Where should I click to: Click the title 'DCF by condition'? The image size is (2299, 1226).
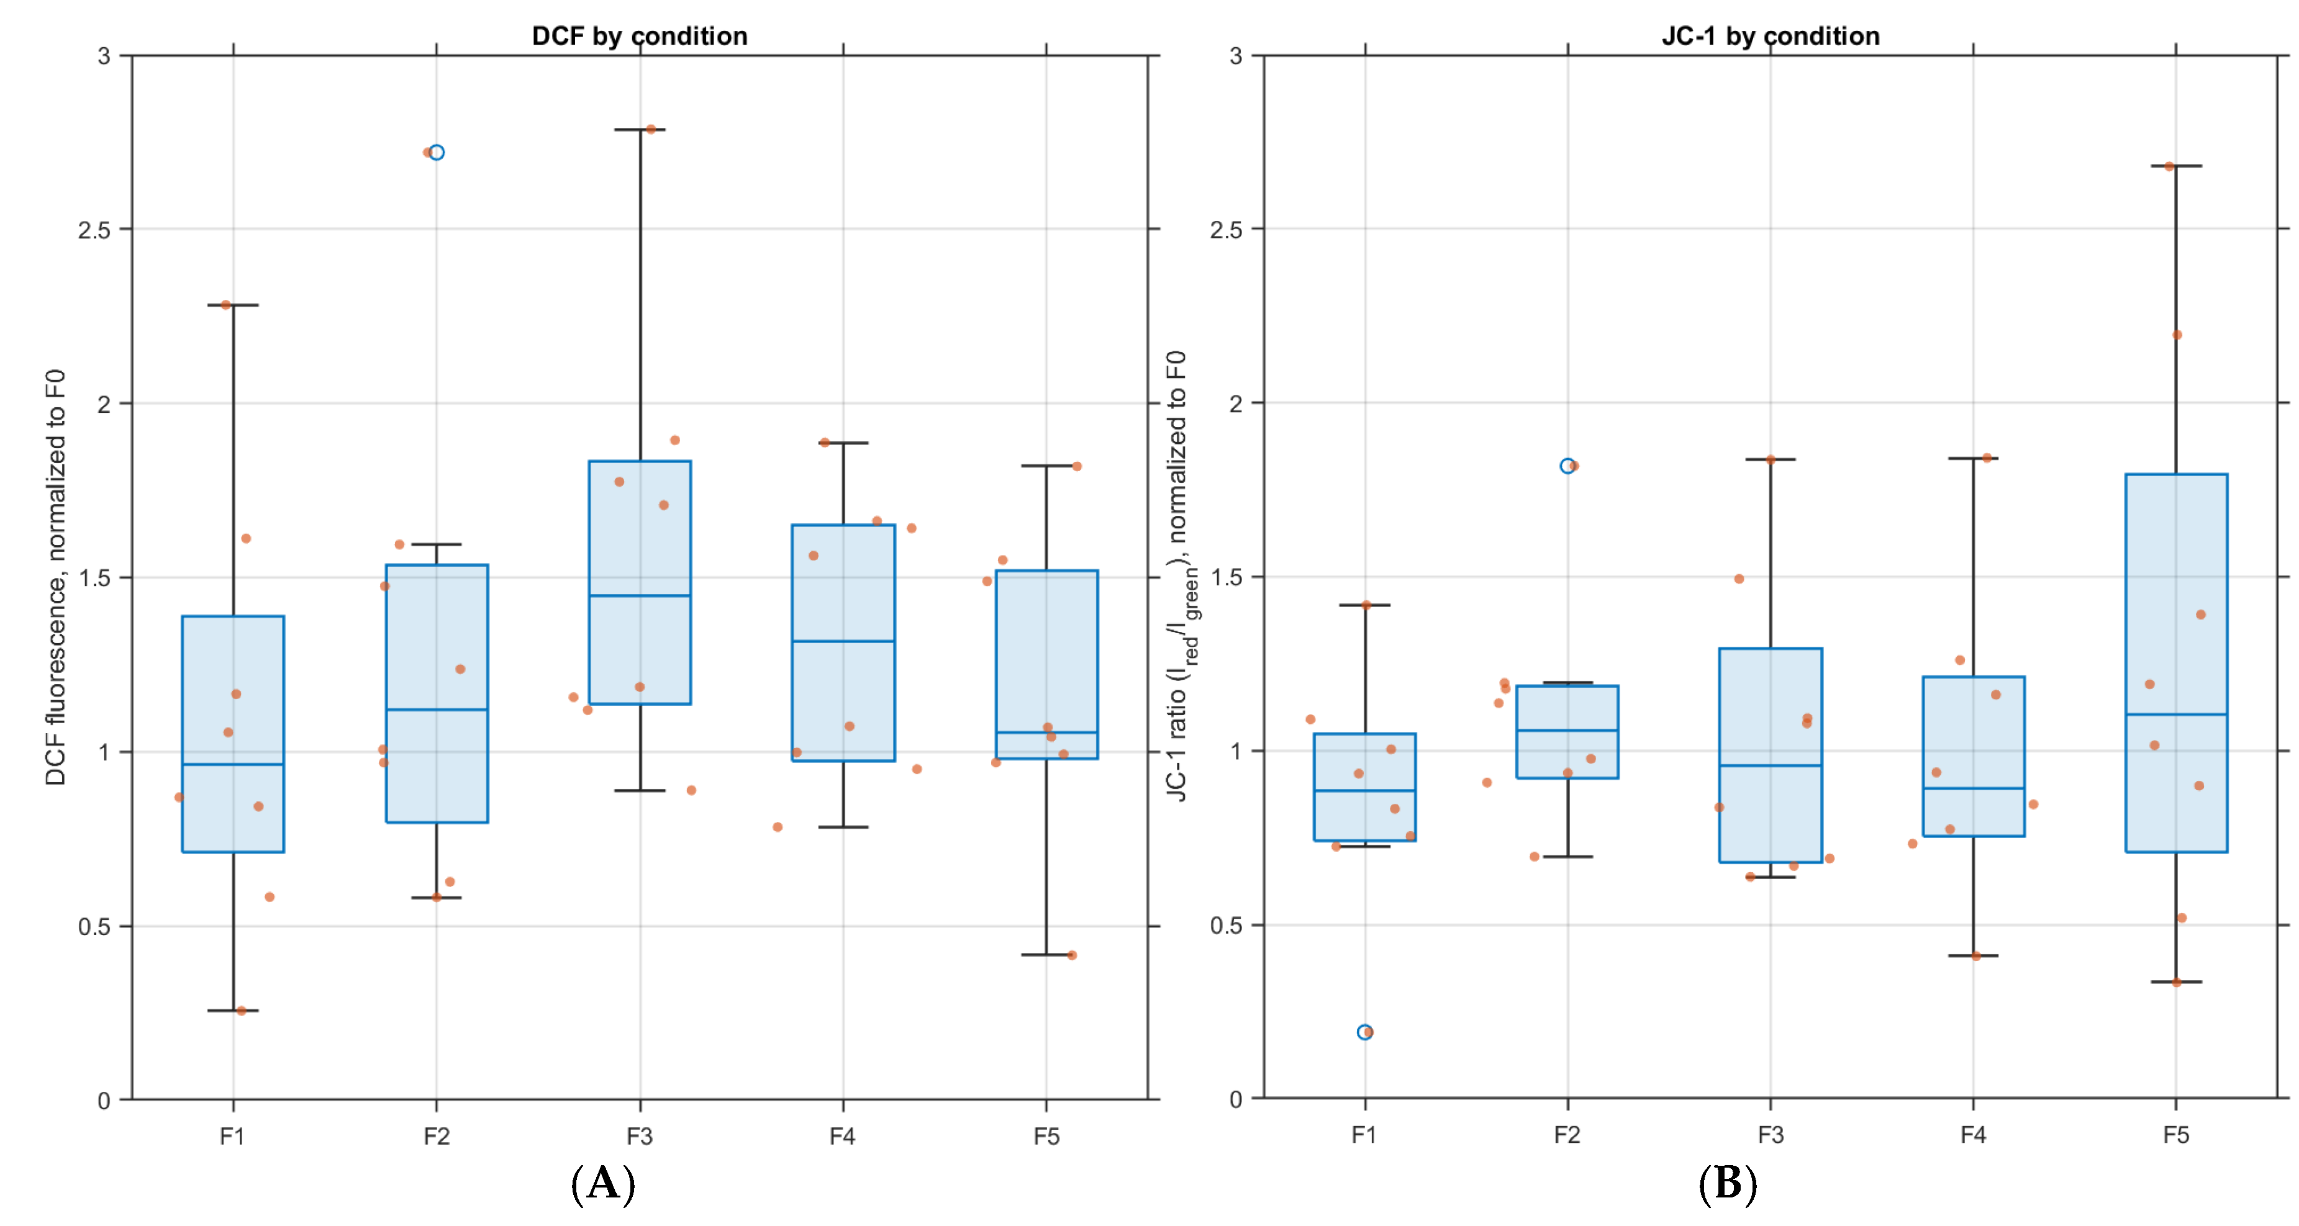639,35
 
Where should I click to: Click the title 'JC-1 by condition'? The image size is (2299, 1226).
1770,35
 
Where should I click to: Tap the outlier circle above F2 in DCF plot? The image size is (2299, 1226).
437,153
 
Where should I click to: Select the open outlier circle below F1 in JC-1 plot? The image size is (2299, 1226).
1364,1032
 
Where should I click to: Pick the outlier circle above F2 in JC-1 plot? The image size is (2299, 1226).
1567,466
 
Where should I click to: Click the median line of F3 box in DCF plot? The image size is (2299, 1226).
640,595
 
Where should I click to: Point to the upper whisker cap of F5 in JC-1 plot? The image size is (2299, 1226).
2176,166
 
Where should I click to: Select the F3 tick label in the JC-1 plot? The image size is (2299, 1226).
1770,1135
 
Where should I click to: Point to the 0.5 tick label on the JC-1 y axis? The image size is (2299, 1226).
1225,926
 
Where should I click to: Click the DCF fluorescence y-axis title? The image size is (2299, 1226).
55,577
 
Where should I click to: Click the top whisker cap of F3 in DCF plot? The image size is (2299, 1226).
640,129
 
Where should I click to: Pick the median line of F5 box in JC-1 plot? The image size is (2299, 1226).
2176,714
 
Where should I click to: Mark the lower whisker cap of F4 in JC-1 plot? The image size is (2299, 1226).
1972,955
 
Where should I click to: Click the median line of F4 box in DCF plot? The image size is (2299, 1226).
843,641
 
